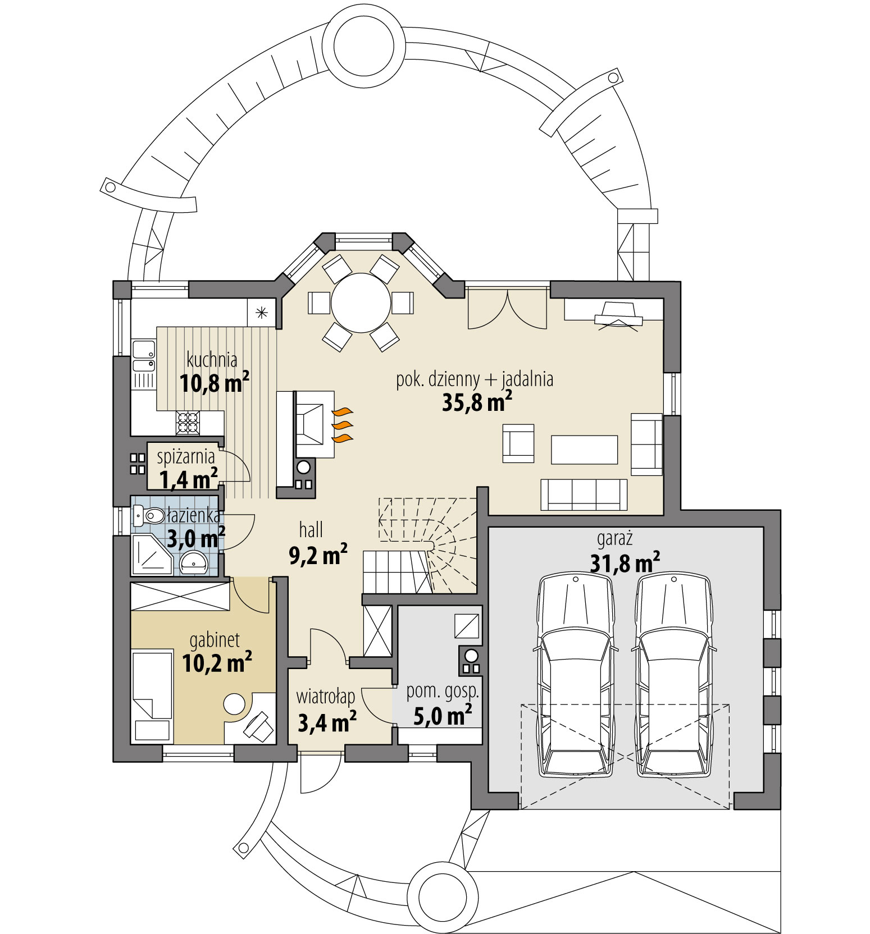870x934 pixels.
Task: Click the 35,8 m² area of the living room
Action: [477, 401]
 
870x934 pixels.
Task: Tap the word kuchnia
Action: [212, 360]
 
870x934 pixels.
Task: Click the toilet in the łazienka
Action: [149, 514]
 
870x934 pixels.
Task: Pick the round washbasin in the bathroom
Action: [194, 561]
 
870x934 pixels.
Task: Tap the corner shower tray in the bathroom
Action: [151, 555]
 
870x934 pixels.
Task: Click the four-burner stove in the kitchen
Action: [188, 422]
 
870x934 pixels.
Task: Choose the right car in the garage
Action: [673, 676]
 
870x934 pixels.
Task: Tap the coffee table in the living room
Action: [584, 450]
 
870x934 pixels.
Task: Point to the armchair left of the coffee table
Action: [518, 443]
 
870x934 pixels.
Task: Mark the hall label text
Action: [311, 529]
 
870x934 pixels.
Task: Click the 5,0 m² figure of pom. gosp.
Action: [443, 716]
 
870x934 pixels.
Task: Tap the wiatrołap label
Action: [326, 697]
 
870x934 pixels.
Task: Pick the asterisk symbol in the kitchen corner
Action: [262, 313]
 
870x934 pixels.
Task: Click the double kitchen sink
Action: [144, 357]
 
